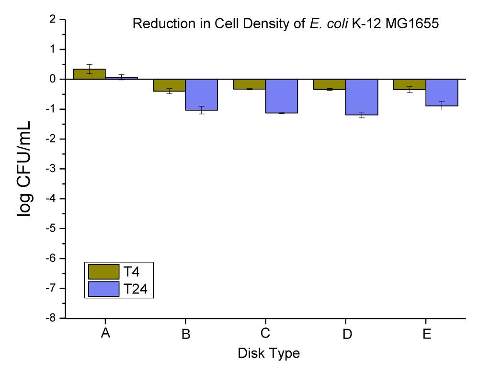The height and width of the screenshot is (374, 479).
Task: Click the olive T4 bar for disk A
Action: tap(90, 74)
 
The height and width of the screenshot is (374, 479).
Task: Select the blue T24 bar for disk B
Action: tap(202, 95)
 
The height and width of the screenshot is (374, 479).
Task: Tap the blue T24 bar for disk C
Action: tap(282, 96)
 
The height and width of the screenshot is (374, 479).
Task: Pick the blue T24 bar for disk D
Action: tap(362, 97)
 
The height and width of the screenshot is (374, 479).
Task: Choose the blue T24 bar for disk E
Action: tap(442, 93)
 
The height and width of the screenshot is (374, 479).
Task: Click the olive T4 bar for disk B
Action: tap(170, 85)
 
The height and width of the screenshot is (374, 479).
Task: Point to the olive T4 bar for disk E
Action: tap(410, 84)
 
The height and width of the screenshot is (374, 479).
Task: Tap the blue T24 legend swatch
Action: tap(103, 289)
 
